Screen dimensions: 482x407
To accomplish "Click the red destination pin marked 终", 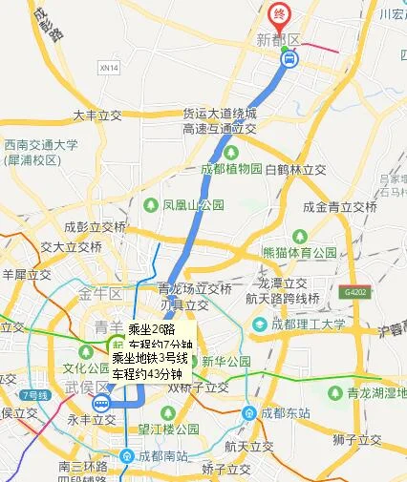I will click(279, 14).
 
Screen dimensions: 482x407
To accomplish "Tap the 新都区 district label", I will click(278, 39).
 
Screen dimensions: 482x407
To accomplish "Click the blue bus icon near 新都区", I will click(289, 58).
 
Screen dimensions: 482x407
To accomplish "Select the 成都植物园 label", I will click(230, 169).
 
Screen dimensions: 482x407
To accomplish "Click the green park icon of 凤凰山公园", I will click(150, 204).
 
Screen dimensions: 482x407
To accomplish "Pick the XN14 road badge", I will click(110, 69).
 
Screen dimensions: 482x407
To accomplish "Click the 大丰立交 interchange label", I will click(99, 115).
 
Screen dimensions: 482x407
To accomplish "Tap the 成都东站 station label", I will click(278, 413).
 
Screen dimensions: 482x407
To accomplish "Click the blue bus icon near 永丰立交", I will click(101, 404).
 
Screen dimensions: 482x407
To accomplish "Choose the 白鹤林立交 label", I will click(296, 169).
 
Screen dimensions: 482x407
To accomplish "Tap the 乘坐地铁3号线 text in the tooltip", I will click(150, 358).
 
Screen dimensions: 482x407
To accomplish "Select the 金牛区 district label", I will click(99, 293).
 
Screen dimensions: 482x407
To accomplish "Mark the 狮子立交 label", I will click(358, 439).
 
